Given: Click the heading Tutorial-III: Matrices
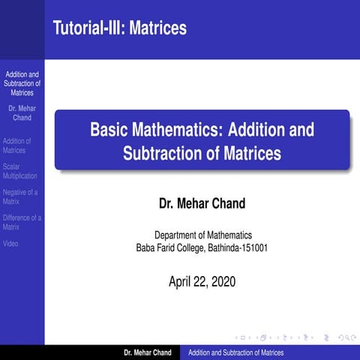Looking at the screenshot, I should [120, 28].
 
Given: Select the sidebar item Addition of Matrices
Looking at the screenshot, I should [16, 145].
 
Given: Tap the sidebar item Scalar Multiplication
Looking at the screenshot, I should [19, 171].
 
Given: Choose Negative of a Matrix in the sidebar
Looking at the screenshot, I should [20, 196].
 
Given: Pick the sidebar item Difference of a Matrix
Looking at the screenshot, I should [22, 222].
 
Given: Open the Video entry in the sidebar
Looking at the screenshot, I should [10, 244].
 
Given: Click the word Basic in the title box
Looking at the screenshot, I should [110, 130].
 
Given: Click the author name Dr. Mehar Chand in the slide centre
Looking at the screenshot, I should [202, 203].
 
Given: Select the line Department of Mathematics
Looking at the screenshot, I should [202, 235].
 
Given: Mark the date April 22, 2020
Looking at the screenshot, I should [202, 282].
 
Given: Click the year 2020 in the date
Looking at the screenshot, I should [223, 282].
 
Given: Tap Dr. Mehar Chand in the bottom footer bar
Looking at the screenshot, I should [148, 352].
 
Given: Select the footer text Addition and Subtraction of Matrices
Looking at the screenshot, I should [235, 352].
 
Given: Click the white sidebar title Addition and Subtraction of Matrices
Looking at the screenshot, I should [22, 83].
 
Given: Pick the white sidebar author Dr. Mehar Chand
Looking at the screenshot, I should [22, 113].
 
